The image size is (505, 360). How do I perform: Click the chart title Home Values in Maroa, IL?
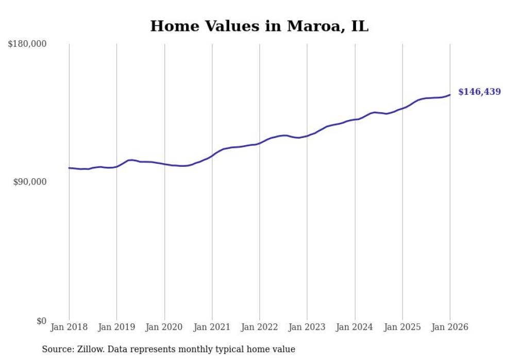tap(259, 26)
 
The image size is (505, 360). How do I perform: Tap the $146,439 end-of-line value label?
tap(479, 92)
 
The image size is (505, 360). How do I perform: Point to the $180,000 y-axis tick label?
tap(27, 44)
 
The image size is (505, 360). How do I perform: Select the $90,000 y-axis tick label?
tap(29, 182)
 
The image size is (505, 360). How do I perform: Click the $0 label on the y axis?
tap(41, 321)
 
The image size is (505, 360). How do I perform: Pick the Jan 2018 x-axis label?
tap(69, 327)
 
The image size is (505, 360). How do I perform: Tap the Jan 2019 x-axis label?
tap(116, 327)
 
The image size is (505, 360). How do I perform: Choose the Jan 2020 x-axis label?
tap(164, 327)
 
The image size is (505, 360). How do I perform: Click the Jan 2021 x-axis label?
tap(212, 327)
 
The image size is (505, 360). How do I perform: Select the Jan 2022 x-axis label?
tap(259, 327)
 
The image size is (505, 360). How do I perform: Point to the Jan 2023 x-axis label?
tap(307, 327)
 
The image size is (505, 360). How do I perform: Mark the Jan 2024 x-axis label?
tap(355, 327)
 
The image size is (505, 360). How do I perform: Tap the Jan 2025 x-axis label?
tap(402, 327)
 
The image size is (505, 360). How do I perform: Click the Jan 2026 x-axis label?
tap(450, 327)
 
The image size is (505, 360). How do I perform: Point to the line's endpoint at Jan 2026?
tap(450, 95)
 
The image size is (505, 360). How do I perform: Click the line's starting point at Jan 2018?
tap(69, 168)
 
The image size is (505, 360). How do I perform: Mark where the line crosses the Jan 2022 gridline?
tap(260, 143)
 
